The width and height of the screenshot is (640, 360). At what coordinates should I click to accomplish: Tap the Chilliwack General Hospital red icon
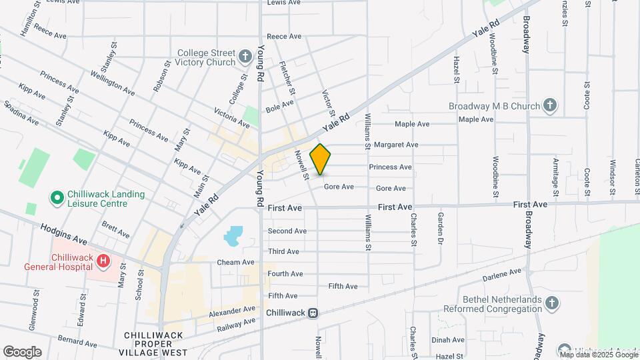pyautogui.click(x=103, y=261)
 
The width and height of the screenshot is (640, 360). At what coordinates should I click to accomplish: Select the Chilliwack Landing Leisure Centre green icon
pyautogui.click(x=57, y=199)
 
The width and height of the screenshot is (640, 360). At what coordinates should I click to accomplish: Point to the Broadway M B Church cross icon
pyautogui.click(x=549, y=105)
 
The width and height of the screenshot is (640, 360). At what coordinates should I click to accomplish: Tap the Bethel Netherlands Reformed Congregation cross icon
pyautogui.click(x=551, y=304)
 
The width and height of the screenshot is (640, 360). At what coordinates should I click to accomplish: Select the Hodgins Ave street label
pyautogui.click(x=63, y=233)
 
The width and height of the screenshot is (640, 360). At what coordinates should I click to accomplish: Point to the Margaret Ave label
pyautogui.click(x=395, y=145)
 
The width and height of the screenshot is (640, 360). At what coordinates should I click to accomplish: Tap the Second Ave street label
pyautogui.click(x=287, y=231)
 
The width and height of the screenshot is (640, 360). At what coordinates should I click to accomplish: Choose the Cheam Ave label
pyautogui.click(x=236, y=263)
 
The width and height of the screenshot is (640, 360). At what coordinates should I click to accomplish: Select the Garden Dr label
pyautogui.click(x=440, y=228)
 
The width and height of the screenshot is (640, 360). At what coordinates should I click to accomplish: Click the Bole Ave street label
pyautogui.click(x=279, y=105)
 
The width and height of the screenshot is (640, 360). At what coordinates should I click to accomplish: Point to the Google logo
pyautogui.click(x=22, y=352)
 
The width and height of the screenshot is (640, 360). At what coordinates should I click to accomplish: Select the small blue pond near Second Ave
pyautogui.click(x=234, y=235)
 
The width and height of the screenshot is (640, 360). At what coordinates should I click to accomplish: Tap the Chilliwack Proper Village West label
pyautogui.click(x=155, y=343)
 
